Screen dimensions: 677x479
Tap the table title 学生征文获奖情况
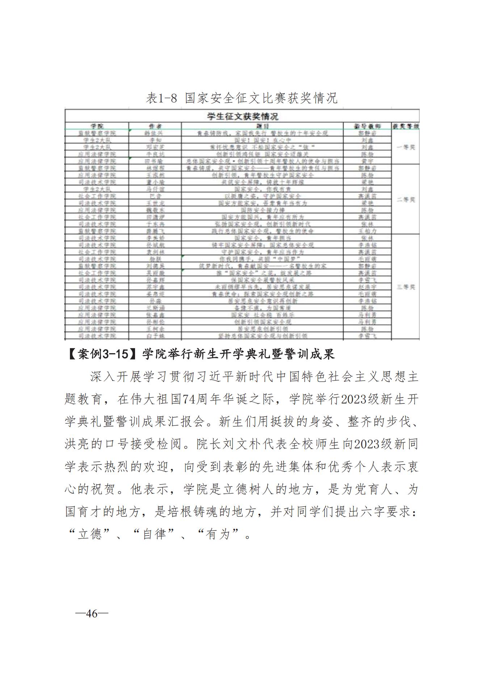(x=242, y=117)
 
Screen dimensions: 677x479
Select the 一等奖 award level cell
(x=406, y=147)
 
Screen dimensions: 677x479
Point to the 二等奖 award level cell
(x=406, y=200)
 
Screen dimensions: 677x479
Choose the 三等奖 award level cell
(x=406, y=287)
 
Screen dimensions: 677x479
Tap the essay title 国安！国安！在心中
(x=262, y=140)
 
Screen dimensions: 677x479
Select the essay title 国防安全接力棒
(x=262, y=210)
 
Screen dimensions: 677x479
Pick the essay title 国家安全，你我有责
(x=262, y=189)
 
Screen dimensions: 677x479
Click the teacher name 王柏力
(x=367, y=231)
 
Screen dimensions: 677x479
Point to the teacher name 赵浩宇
(x=367, y=287)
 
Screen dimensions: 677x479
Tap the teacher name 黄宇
(x=367, y=161)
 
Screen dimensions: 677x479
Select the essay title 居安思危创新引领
(x=262, y=329)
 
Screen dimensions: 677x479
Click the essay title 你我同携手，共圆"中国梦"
(x=262, y=259)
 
